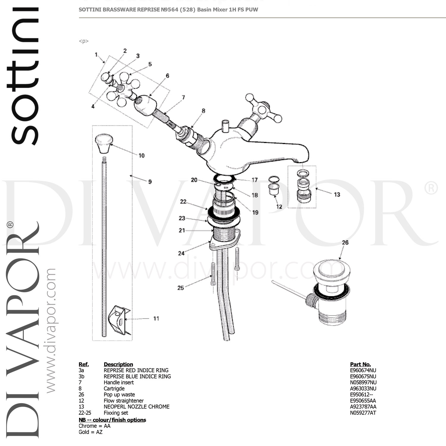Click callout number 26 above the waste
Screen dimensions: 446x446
click(345, 243)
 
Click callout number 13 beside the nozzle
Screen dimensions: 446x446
click(337, 194)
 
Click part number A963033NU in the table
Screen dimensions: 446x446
click(363, 389)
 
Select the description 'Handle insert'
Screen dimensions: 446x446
click(119, 383)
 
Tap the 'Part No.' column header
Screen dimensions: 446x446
click(360, 364)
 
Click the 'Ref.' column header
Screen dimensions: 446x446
click(84, 364)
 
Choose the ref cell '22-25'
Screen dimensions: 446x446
click(85, 413)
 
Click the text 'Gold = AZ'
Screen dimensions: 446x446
click(90, 432)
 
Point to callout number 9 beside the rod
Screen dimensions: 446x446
click(150, 182)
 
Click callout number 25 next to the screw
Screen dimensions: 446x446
click(180, 288)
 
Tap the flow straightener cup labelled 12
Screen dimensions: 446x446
click(273, 189)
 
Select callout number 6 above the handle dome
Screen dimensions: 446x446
click(167, 76)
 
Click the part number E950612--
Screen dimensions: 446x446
click(361, 395)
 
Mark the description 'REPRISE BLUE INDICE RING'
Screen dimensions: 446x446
click(137, 376)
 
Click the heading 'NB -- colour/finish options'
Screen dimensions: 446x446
click(112, 420)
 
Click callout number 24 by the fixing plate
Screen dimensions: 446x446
click(181, 253)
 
